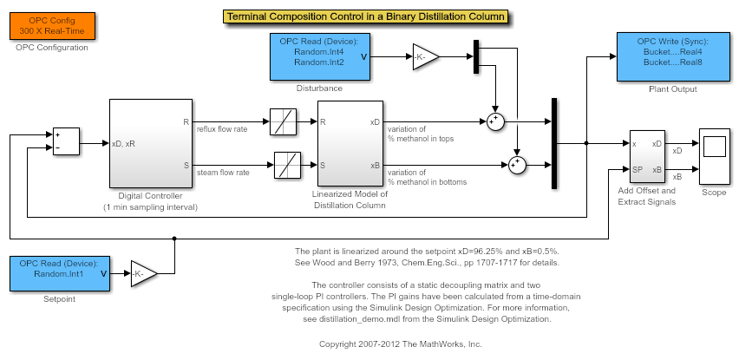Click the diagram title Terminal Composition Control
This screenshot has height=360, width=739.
(x=365, y=16)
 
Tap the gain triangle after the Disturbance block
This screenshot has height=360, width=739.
(x=424, y=57)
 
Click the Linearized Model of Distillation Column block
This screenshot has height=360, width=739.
(x=351, y=144)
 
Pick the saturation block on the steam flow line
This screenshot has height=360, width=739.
(x=287, y=165)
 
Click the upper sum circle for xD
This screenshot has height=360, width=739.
(x=494, y=122)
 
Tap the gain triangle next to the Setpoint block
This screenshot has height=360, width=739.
(x=143, y=273)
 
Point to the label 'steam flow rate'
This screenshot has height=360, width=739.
(x=223, y=173)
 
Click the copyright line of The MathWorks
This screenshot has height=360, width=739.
(x=400, y=344)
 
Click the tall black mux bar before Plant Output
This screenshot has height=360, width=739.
(x=553, y=143)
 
